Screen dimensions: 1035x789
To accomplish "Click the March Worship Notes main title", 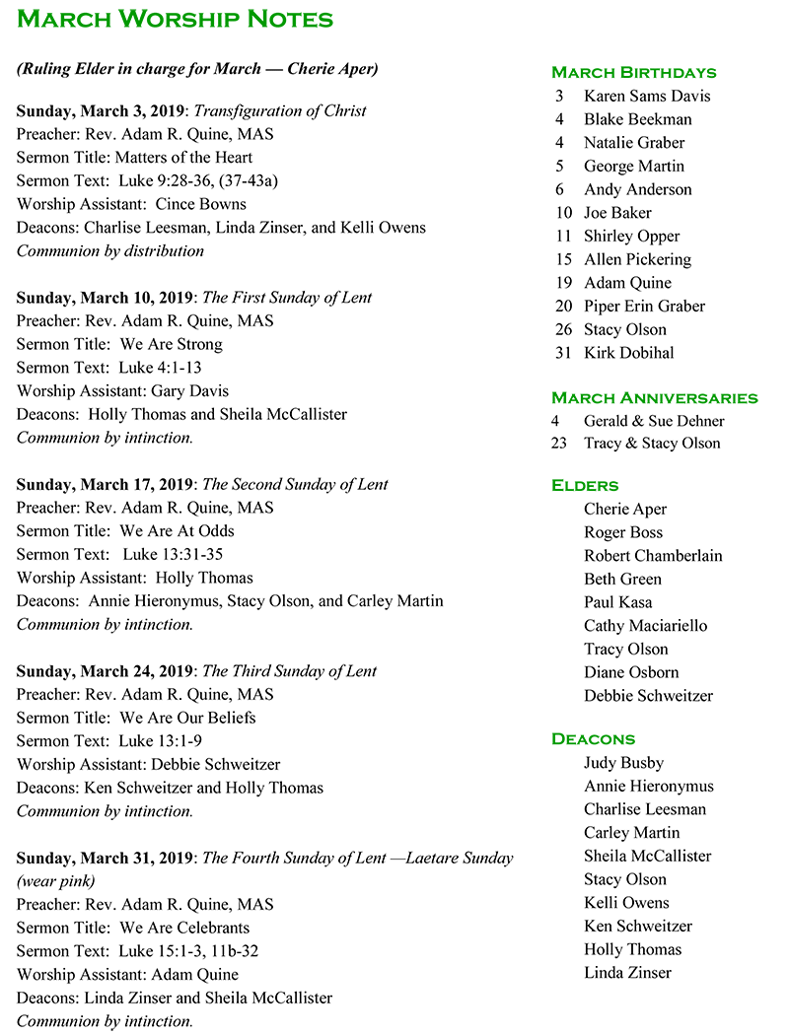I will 176,19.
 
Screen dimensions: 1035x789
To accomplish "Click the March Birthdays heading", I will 633,72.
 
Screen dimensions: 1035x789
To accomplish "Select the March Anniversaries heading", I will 654,398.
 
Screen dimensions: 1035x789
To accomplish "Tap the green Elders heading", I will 585,485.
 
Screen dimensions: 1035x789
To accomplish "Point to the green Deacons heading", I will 593,738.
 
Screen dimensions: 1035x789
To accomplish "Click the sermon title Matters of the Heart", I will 183,157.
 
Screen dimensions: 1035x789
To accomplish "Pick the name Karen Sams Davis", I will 646,96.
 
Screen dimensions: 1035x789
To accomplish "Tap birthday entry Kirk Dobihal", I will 628,353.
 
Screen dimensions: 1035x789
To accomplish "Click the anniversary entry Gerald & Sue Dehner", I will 653,421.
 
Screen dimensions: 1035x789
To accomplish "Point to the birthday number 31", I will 562,353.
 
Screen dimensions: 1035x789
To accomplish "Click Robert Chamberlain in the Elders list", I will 652,555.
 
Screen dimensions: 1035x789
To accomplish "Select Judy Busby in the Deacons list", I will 623,762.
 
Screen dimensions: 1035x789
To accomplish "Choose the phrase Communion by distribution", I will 110,250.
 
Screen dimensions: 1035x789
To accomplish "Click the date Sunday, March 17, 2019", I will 106,484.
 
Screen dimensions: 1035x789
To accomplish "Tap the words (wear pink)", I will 55,880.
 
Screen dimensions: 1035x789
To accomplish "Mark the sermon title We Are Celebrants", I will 184,928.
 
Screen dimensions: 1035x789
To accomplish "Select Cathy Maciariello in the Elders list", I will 646,625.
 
